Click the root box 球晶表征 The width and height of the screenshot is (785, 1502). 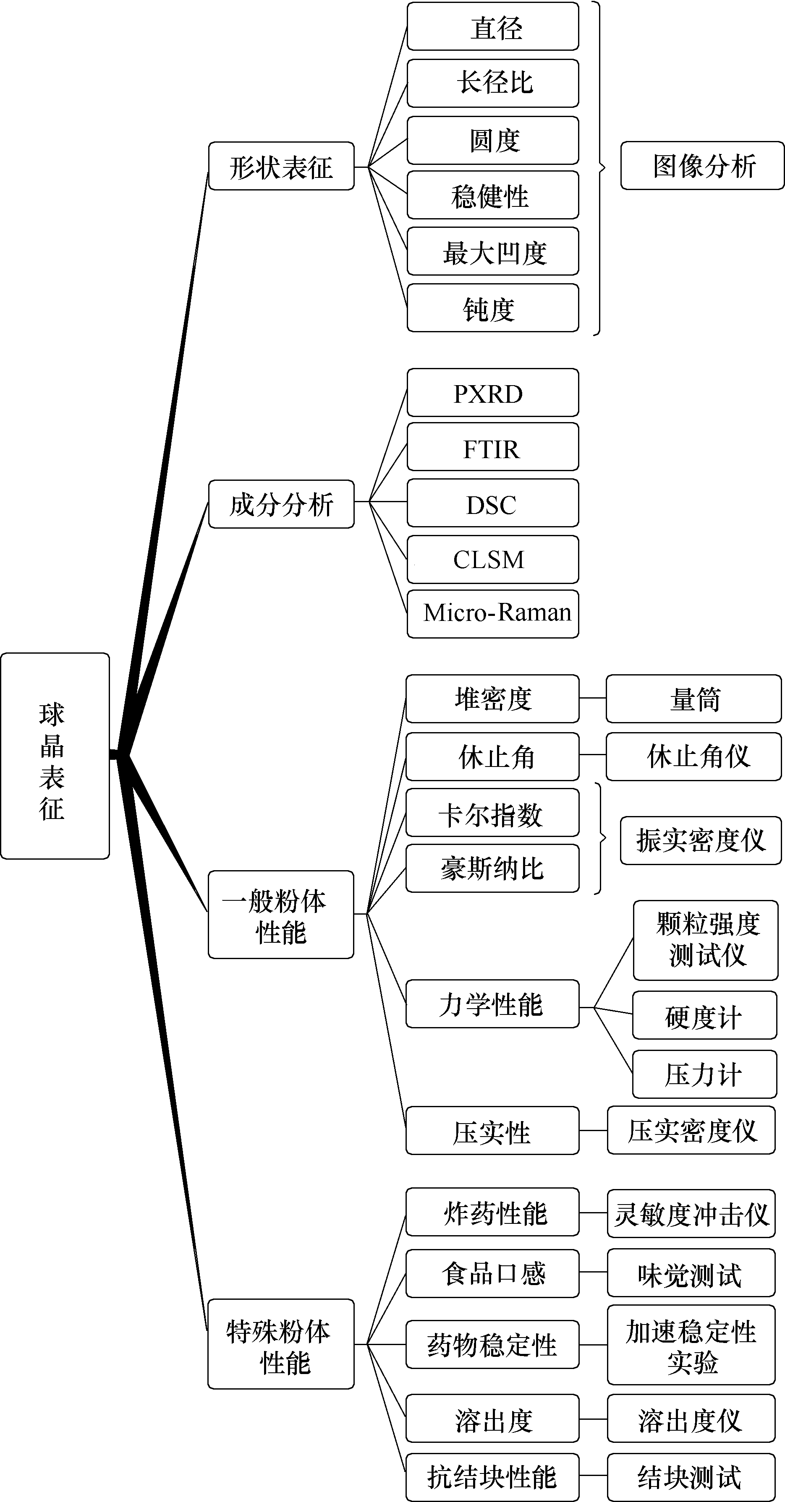(x=55, y=756)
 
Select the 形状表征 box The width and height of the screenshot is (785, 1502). (x=281, y=166)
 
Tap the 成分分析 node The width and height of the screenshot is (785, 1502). (x=281, y=504)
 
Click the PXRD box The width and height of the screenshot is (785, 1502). (x=492, y=392)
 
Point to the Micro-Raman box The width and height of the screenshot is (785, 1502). (x=492, y=614)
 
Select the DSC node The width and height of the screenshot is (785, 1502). (x=492, y=503)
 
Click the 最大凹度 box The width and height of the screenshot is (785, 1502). (x=492, y=251)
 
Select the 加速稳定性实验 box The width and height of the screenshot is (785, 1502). (x=691, y=1345)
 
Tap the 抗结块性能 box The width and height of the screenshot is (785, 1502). (x=492, y=1477)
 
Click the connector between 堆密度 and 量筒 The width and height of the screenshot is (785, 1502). (x=593, y=698)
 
